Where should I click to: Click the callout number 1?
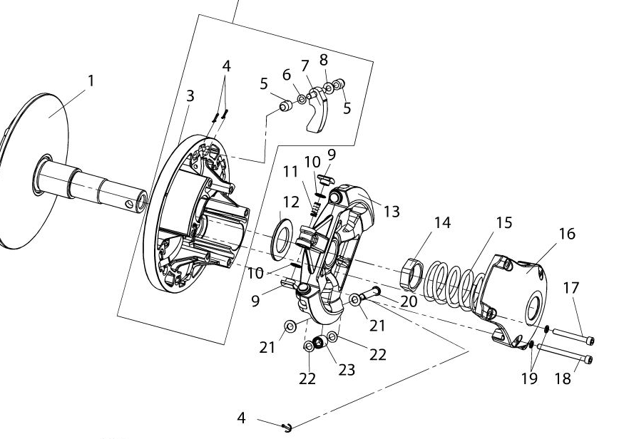[x=90, y=81]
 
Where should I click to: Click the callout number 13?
[x=392, y=212]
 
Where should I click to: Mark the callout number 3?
[x=189, y=95]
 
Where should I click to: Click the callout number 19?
[x=529, y=378]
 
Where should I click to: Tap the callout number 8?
[x=324, y=60]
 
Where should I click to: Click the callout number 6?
[x=287, y=75]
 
